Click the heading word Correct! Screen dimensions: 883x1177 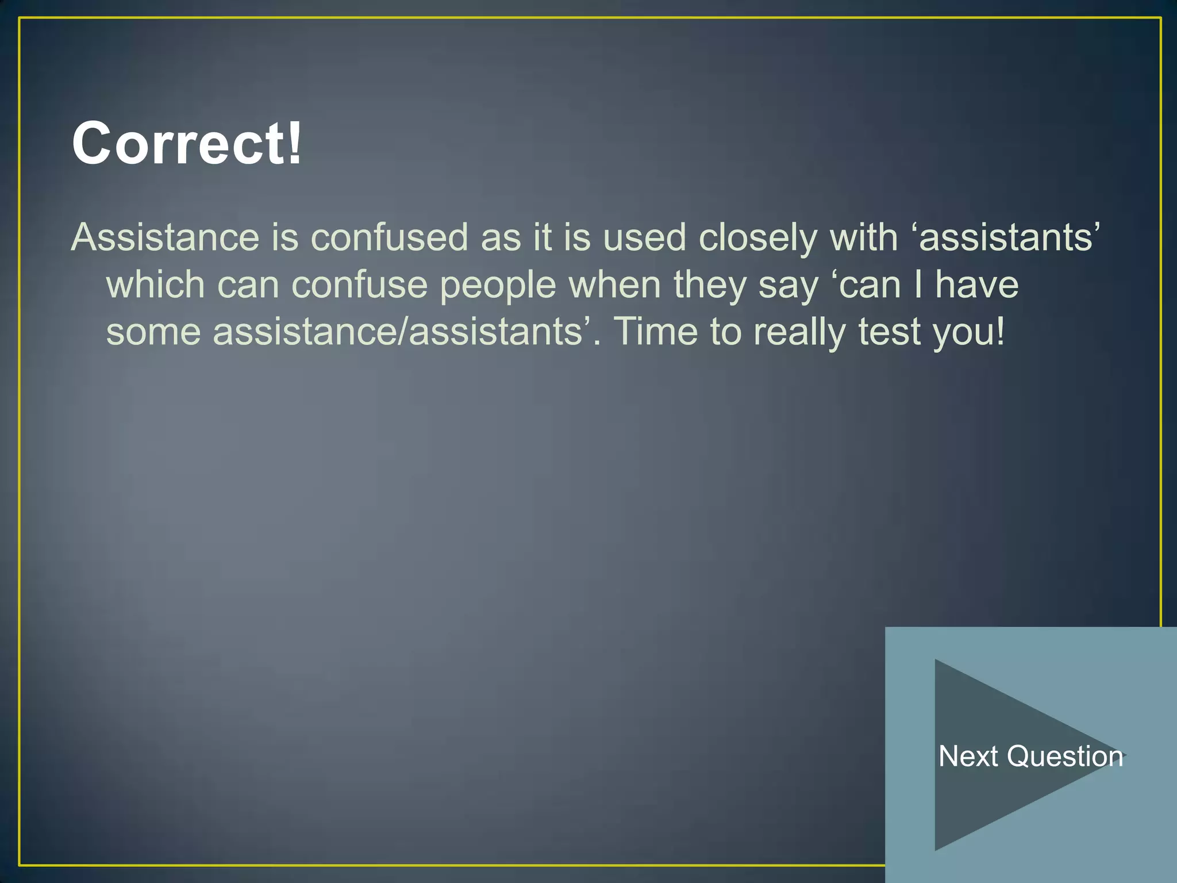(x=187, y=143)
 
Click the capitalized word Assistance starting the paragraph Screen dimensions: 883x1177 (x=166, y=237)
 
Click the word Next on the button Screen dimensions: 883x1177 (x=968, y=756)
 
